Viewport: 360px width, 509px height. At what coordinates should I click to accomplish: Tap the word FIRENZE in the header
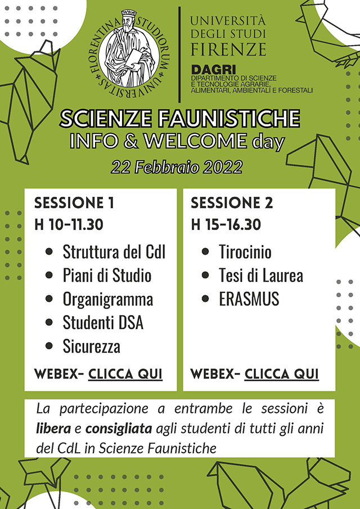[x=228, y=49]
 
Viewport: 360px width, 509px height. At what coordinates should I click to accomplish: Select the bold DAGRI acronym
[x=213, y=70]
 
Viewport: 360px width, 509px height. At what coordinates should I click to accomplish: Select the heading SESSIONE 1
[x=74, y=203]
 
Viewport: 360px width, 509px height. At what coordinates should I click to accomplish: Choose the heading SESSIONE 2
[x=232, y=203]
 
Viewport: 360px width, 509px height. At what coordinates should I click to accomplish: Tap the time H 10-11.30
[x=69, y=224]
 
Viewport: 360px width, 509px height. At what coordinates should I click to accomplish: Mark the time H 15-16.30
[x=226, y=224]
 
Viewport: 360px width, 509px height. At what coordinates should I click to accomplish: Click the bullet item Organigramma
[x=108, y=300]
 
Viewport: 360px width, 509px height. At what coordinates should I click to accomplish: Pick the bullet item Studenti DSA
[x=103, y=323]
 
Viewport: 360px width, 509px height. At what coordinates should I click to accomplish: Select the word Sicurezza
[x=92, y=346]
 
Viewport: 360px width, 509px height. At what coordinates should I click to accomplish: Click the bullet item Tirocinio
[x=245, y=252]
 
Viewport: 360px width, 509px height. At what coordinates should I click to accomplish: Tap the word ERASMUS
[x=249, y=299]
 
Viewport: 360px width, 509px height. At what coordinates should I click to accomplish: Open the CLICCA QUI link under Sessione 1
[x=125, y=374]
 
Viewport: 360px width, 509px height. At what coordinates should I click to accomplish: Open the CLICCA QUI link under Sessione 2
[x=281, y=374]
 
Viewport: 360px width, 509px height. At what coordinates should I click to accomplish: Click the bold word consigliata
[x=119, y=429]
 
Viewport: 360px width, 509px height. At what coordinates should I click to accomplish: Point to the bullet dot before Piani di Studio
[x=49, y=276]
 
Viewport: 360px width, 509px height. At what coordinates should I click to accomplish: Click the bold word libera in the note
[x=53, y=429]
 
